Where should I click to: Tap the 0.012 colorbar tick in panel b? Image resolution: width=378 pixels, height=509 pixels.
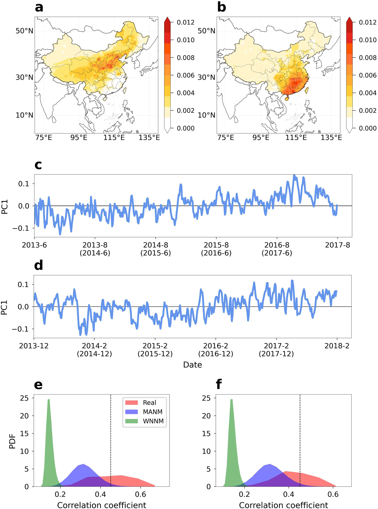[x=368, y=22]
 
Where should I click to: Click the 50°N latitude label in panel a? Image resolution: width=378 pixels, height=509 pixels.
[x=24, y=31]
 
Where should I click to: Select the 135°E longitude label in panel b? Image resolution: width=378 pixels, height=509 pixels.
[x=331, y=137]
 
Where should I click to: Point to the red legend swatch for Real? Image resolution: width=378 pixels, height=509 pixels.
[x=131, y=403]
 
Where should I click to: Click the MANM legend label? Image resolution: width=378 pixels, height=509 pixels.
[x=153, y=412]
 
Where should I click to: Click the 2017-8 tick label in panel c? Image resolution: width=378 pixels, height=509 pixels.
[x=337, y=245]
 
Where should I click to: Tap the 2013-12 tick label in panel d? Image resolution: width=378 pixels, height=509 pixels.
[x=34, y=346]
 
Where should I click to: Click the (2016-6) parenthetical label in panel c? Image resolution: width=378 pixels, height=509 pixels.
[x=216, y=253]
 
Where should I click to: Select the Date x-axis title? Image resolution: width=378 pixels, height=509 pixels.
[x=192, y=365]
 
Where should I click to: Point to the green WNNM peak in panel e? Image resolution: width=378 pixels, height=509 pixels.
[x=49, y=400]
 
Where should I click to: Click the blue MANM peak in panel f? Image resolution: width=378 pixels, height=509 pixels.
[x=270, y=465]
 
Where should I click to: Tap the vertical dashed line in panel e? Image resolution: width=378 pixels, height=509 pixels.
[x=111, y=437]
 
